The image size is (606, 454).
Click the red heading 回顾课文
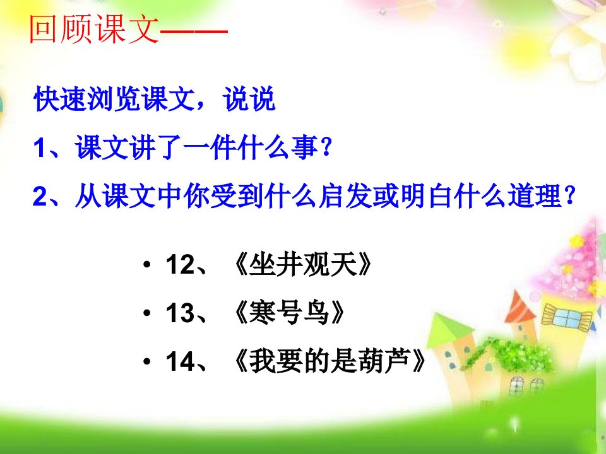click(94, 29)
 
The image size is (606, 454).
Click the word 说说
click(249, 99)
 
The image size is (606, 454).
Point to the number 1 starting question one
click(40, 148)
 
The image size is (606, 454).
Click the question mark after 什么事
click(326, 147)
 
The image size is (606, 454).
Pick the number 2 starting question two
click(40, 196)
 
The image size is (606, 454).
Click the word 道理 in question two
click(535, 196)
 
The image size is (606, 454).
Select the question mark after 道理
click(569, 195)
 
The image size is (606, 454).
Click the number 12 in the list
click(180, 265)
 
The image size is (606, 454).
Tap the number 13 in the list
click(180, 313)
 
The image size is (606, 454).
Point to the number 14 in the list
click(180, 361)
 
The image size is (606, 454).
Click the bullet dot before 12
click(146, 265)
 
